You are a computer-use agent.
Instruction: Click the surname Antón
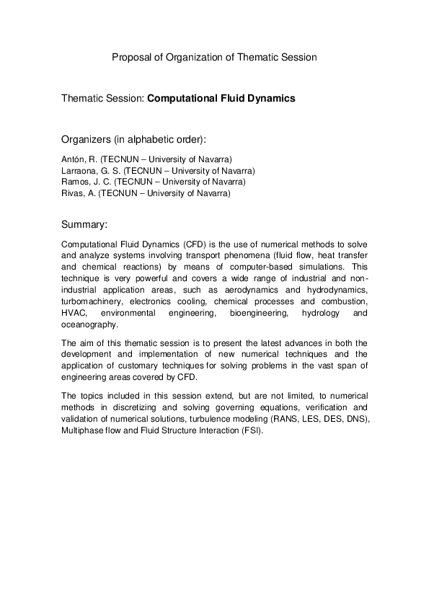point(74,159)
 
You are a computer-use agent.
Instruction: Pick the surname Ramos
point(75,182)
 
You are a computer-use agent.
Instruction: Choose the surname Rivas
point(73,193)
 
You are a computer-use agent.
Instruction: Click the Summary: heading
point(84,224)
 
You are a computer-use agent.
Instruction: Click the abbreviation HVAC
point(74,314)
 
